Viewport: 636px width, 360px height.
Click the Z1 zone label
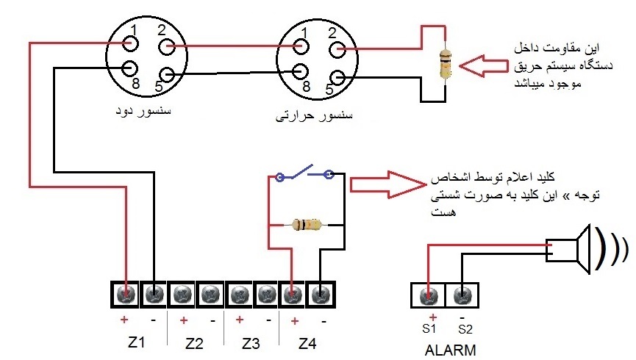pyautogui.click(x=136, y=342)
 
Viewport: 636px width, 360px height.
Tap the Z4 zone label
pyautogui.click(x=307, y=344)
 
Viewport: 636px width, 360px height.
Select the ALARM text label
pyautogui.click(x=450, y=350)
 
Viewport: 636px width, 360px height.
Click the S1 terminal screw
pyautogui.click(x=429, y=295)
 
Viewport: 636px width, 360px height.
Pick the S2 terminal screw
pyautogui.click(x=462, y=295)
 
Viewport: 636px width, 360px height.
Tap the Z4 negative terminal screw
pyautogui.click(x=321, y=294)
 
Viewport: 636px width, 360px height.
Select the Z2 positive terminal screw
pyautogui.click(x=182, y=294)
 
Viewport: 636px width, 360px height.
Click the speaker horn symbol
pyautogui.click(x=568, y=249)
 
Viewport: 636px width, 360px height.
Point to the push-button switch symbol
pyautogui.click(x=304, y=174)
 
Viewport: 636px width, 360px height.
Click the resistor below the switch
pyautogui.click(x=307, y=224)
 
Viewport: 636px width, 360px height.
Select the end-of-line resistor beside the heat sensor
pyautogui.click(x=446, y=64)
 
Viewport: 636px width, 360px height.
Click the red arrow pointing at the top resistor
pyautogui.click(x=483, y=65)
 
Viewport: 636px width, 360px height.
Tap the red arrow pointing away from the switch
pyautogui.click(x=388, y=185)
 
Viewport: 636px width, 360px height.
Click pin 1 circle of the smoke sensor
pyautogui.click(x=131, y=43)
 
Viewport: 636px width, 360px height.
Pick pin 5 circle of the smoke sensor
pyautogui.click(x=167, y=75)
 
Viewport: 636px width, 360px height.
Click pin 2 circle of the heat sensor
pyautogui.click(x=337, y=50)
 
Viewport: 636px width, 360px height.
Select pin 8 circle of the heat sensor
pyautogui.click(x=300, y=72)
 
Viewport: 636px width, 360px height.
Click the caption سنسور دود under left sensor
pyautogui.click(x=143, y=111)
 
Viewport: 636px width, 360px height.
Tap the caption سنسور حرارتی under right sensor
pyautogui.click(x=314, y=115)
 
